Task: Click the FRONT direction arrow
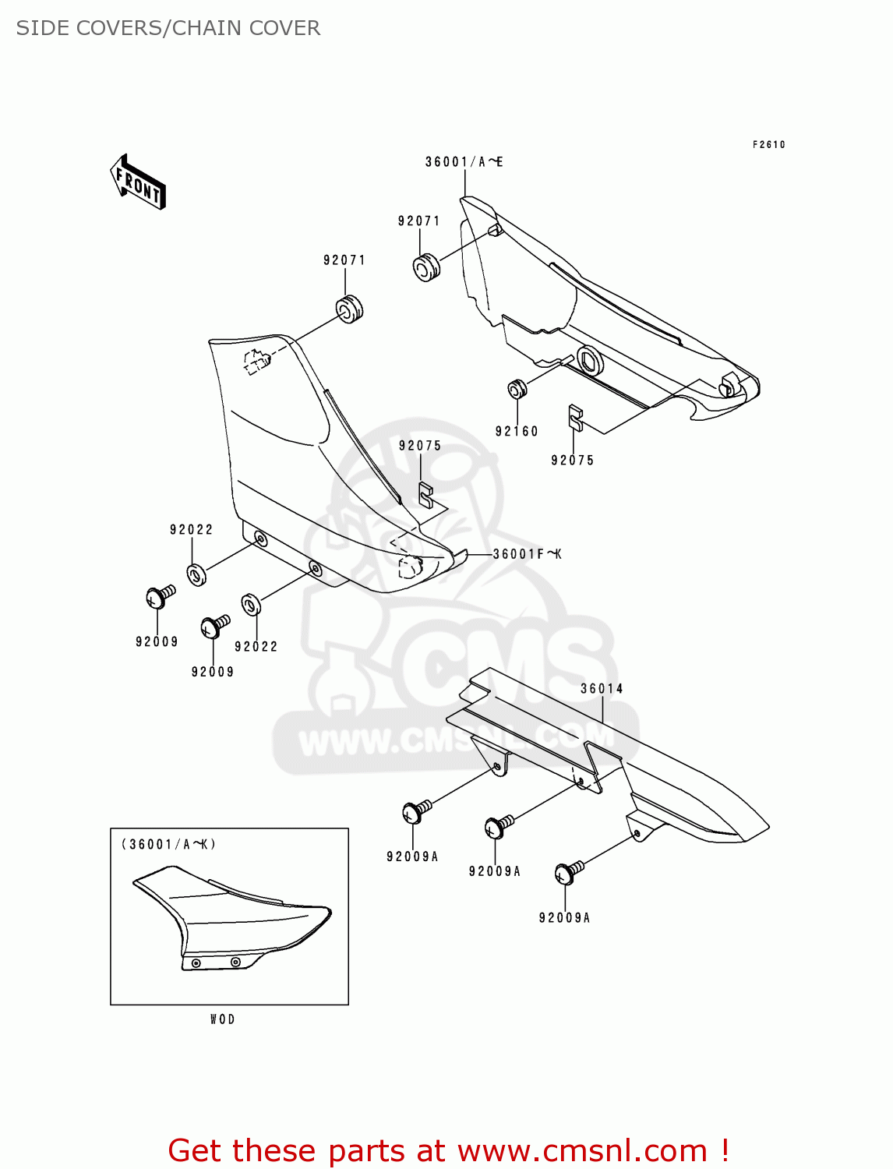138,182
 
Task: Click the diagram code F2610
768,145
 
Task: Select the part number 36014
602,689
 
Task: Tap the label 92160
517,432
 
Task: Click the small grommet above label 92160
517,387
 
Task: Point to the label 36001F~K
527,554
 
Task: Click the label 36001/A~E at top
464,162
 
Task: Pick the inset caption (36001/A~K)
168,845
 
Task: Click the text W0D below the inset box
222,1019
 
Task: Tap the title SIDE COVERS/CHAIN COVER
168,28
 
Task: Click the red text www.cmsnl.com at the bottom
582,1150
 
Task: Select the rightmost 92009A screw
568,872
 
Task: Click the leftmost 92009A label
412,856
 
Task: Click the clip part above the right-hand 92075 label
575,417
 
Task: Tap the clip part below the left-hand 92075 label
425,495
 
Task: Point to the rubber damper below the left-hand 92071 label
349,308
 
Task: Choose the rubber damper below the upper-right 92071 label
425,267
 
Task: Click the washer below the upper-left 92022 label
196,574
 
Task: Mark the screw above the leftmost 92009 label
160,597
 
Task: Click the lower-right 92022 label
256,647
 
